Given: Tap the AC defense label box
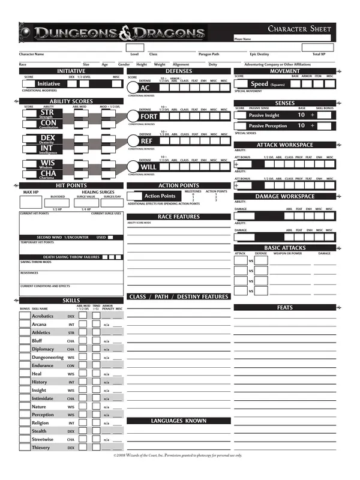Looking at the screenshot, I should [146, 88].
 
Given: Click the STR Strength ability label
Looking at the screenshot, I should [47, 113].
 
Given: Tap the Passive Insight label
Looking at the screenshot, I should [264, 115].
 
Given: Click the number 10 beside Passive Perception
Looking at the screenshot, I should [301, 126].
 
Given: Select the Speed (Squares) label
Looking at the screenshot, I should [267, 85].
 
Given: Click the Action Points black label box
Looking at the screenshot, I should [160, 196].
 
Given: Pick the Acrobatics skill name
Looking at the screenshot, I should [43, 316].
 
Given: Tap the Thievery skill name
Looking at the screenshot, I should [41, 448].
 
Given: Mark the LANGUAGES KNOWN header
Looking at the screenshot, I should [178, 421].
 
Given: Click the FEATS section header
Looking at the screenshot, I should [285, 308].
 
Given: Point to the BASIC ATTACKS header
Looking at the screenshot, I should [285, 248].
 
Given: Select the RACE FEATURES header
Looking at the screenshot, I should [178, 217].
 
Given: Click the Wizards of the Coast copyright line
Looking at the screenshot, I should [178, 456].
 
